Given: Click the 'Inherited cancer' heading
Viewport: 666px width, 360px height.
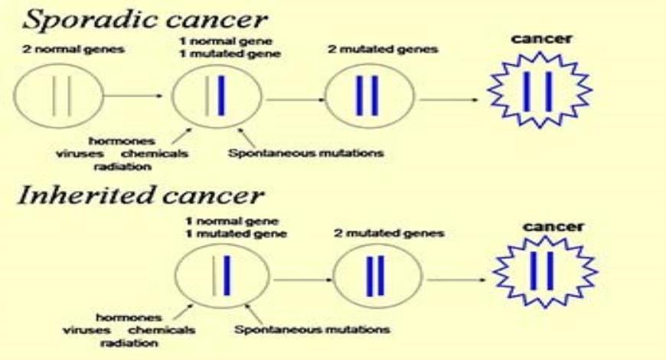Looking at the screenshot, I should [x=140, y=196].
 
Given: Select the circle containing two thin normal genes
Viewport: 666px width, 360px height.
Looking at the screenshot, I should [x=58, y=97].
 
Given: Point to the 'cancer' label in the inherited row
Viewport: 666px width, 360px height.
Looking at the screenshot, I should [x=553, y=227].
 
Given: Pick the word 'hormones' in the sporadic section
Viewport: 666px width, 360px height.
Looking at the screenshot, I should [x=121, y=140].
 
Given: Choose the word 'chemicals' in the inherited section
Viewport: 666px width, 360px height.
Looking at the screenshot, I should [x=162, y=330].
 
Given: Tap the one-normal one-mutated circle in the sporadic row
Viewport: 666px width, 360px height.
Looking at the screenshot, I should [x=212, y=97].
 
